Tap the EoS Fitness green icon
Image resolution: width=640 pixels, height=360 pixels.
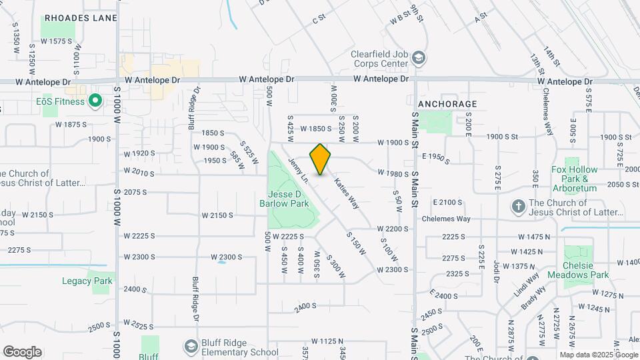tap(95, 101)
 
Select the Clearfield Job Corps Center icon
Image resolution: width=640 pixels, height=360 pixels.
tap(418, 57)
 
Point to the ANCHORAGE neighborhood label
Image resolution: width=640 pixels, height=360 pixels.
tap(447, 104)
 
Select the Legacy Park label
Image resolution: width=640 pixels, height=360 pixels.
tap(87, 281)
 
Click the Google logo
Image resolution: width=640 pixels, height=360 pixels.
tap(22, 352)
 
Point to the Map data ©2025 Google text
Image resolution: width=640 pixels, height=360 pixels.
tap(598, 355)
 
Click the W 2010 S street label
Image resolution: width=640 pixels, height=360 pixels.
tap(139, 173)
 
